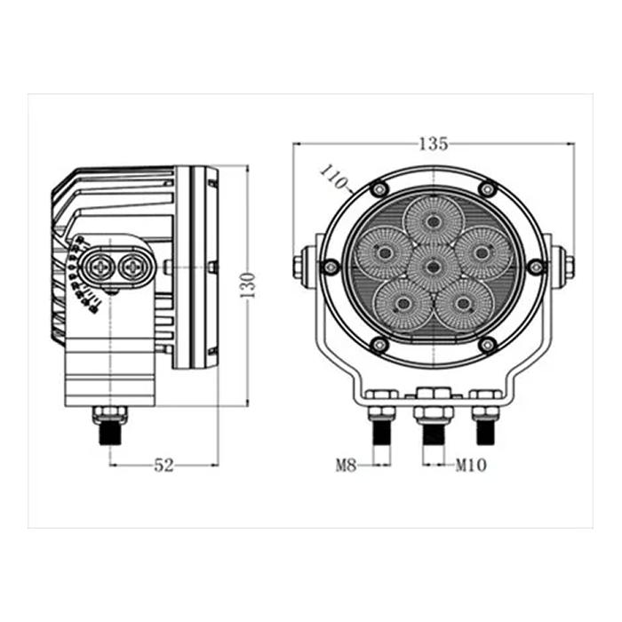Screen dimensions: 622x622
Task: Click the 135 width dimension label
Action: tap(434, 144)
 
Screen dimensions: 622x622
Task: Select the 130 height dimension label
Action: tap(249, 285)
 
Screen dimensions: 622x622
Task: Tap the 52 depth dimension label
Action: tap(163, 465)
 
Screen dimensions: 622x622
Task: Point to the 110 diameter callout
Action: tap(333, 177)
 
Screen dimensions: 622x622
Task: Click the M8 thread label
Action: tap(347, 465)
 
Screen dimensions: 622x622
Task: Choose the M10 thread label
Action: tap(471, 465)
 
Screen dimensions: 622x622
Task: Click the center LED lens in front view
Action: tap(434, 267)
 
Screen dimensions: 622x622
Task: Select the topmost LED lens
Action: tap(434, 220)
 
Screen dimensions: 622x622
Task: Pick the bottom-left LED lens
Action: tap(403, 304)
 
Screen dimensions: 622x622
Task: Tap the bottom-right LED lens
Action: tap(463, 304)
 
